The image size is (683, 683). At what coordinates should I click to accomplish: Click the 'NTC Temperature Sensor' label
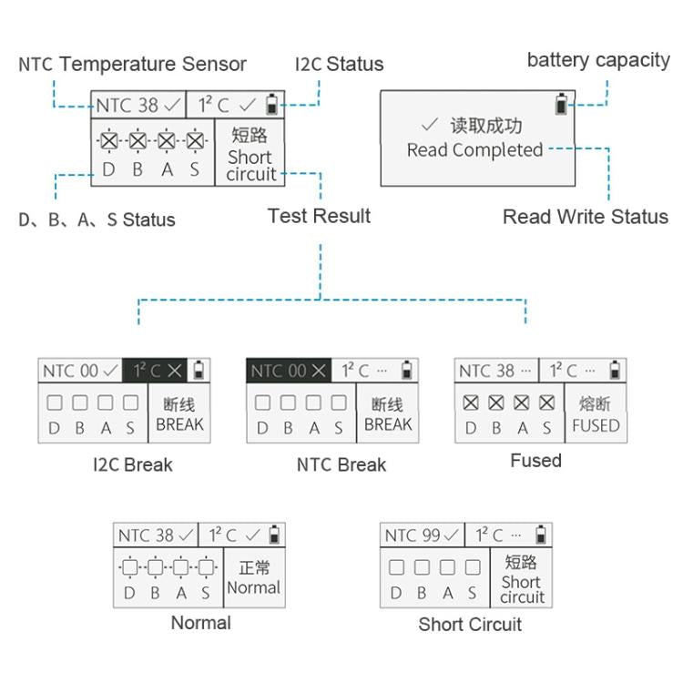click(x=133, y=64)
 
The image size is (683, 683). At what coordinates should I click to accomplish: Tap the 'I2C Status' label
click(x=339, y=64)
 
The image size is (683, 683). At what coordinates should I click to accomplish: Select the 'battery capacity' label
click(x=598, y=60)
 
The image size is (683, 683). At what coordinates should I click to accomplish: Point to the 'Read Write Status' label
click(x=585, y=217)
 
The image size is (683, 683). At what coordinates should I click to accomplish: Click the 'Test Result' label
click(x=319, y=216)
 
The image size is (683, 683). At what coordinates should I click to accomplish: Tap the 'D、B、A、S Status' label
click(x=97, y=219)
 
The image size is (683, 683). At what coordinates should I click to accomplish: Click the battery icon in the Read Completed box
click(x=561, y=105)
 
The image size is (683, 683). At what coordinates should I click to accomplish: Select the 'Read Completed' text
click(x=474, y=150)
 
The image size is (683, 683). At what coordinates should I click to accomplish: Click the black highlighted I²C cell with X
click(x=157, y=371)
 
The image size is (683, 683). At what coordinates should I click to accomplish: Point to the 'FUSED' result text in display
click(x=596, y=425)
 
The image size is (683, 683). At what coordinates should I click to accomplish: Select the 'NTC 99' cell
click(x=422, y=535)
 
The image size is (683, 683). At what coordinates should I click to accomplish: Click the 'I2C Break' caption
click(x=133, y=464)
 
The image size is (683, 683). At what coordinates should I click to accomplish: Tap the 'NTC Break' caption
click(x=341, y=464)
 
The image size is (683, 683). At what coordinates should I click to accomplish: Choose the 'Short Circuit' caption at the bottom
click(x=470, y=624)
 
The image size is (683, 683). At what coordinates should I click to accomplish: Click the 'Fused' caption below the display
click(x=535, y=461)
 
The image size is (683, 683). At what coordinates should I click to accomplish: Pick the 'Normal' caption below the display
click(x=200, y=623)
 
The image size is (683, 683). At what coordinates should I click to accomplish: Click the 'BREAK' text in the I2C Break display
click(x=180, y=424)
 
